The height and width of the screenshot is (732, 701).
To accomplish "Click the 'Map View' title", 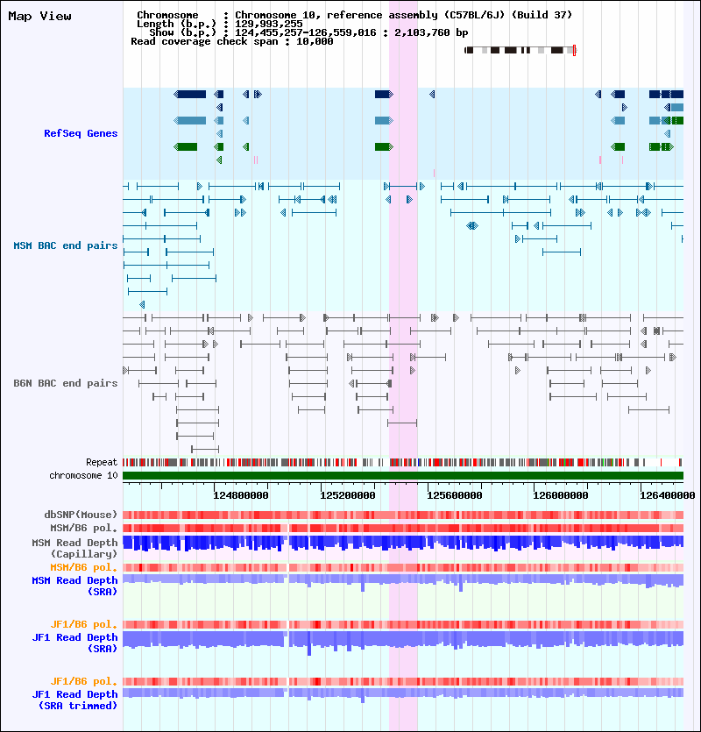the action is click(39, 17).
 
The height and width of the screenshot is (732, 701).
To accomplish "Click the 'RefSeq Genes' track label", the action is click(81, 133).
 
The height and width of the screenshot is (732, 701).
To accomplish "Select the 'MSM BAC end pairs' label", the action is click(66, 245).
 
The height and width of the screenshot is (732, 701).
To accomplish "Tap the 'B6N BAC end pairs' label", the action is click(66, 383).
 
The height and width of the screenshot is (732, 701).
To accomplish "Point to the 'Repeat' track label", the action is click(102, 462).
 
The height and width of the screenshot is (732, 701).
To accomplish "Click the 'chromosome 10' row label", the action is click(83, 475).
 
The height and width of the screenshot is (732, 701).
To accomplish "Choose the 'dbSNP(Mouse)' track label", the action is click(81, 515).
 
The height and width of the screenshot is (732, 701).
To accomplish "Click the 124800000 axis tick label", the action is click(241, 495).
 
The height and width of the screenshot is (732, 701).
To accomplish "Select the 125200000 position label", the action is click(348, 495).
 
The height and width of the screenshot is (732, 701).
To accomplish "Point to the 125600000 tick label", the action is click(455, 495).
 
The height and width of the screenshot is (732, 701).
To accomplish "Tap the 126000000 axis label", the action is click(561, 495).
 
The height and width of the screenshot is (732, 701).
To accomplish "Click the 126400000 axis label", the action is click(668, 495).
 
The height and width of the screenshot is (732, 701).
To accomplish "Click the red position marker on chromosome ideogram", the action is click(574, 51).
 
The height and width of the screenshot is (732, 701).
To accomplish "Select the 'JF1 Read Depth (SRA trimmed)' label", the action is click(74, 700).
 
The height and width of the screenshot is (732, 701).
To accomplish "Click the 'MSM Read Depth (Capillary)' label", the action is click(74, 548).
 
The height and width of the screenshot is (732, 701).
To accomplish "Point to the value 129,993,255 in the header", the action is click(269, 24).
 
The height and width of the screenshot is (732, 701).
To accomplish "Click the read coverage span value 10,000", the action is click(315, 41).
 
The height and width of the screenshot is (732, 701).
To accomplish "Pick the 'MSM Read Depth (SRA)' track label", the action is click(74, 586).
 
